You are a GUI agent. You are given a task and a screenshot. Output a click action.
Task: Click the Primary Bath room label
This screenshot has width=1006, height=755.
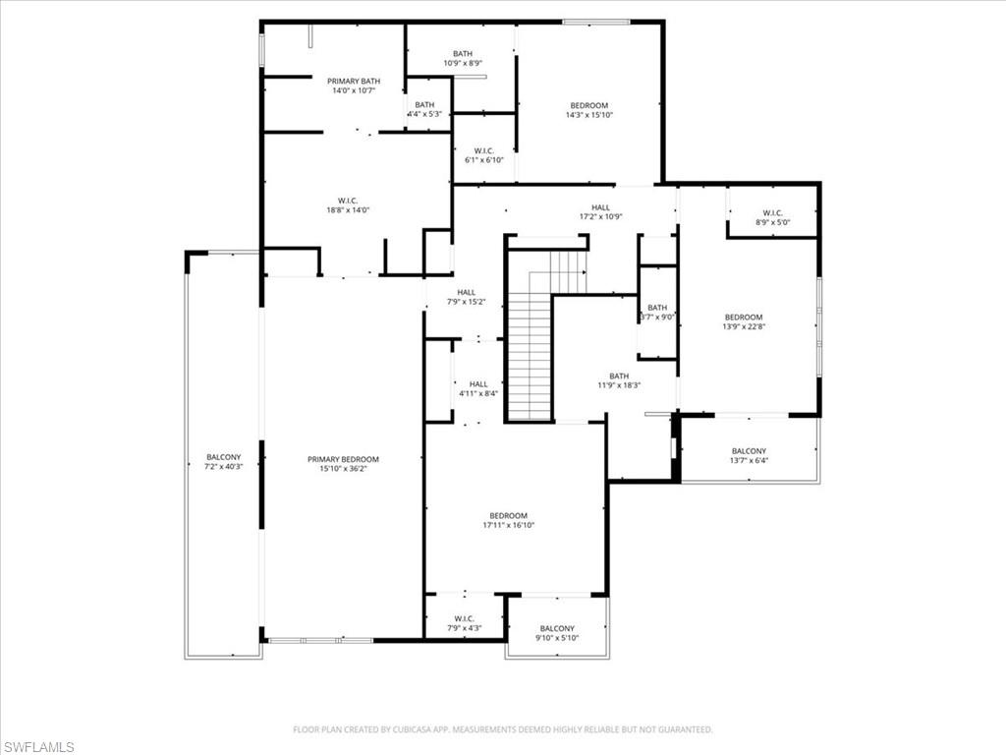point(354,86)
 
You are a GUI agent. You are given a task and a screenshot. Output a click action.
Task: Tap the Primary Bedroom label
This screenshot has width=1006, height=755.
point(343,464)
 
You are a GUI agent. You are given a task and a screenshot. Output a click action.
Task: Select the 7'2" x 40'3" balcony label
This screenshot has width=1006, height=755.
point(223,462)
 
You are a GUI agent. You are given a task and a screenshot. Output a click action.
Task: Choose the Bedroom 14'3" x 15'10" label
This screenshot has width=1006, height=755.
point(588,110)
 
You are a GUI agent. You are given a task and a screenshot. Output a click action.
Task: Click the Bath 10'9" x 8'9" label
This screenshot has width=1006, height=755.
point(463,58)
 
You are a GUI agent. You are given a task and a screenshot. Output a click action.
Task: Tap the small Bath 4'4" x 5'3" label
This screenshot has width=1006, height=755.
point(424,109)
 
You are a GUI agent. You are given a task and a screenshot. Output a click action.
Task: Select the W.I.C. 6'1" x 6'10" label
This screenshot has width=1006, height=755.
point(483,155)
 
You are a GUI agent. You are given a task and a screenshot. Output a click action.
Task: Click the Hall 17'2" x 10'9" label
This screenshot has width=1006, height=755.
point(600,211)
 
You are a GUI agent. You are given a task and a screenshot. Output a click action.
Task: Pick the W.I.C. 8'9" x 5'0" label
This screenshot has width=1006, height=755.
point(771,217)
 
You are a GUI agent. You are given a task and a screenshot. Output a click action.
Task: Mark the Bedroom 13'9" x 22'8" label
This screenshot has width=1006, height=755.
point(743,321)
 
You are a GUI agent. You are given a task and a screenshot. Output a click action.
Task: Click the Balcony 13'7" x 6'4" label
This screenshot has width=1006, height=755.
point(749,455)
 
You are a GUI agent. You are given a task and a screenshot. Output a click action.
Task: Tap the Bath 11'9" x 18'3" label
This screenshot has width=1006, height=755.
point(619,380)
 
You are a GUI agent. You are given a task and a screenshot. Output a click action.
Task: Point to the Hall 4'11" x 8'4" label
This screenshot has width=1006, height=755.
point(478,388)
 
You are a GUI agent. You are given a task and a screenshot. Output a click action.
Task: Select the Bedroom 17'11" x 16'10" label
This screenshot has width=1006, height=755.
point(508,520)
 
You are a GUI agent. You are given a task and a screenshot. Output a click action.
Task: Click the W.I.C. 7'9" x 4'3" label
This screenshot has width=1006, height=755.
point(465,622)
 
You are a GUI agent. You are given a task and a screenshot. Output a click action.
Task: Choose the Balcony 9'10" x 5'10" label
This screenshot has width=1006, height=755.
point(557,633)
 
